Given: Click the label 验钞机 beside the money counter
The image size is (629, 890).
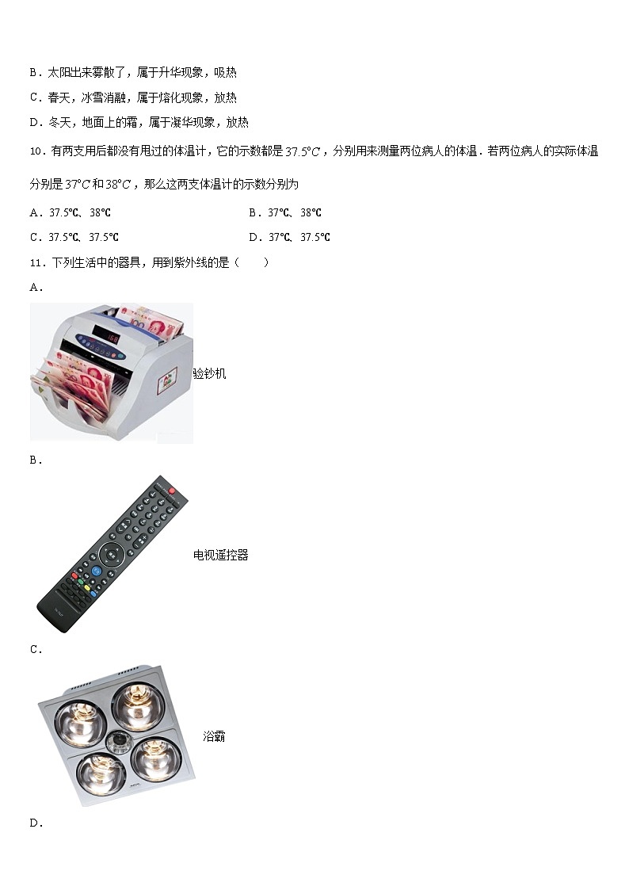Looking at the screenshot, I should coord(209,373).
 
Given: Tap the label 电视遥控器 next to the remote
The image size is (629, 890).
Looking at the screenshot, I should coord(220,556).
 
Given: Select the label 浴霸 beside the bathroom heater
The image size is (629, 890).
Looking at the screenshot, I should coord(214,736).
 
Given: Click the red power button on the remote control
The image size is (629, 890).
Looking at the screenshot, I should coord(172,491).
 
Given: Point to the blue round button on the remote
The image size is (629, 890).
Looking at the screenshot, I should coord(95,570).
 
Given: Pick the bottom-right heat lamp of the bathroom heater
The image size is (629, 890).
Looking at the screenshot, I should coord(154,758).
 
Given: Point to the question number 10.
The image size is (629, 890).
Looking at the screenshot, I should coord(36,151).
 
